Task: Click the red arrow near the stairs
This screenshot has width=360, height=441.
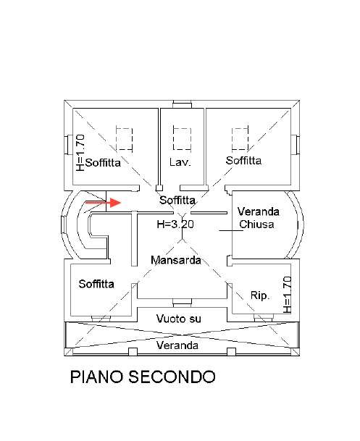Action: pyautogui.click(x=103, y=203)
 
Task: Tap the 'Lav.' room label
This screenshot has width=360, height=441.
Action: pyautogui.click(x=180, y=162)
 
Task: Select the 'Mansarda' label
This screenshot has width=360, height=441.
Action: pyautogui.click(x=176, y=260)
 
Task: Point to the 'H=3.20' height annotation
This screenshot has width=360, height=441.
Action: pyautogui.click(x=175, y=224)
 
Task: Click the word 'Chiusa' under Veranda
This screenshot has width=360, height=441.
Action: pyautogui.click(x=256, y=224)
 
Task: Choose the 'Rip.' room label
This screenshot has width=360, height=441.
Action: pyautogui.click(x=260, y=295)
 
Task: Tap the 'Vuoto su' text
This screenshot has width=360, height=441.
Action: pyautogui.click(x=179, y=319)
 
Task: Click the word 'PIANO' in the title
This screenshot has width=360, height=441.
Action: pyautogui.click(x=97, y=377)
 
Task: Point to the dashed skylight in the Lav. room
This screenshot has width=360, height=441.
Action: pyautogui.click(x=183, y=138)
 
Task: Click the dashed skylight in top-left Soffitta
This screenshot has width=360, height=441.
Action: pyautogui.click(x=125, y=138)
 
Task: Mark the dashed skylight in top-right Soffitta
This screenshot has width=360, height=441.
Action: pyautogui.click(x=240, y=138)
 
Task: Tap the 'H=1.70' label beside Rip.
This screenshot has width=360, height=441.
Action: pyautogui.click(x=287, y=295)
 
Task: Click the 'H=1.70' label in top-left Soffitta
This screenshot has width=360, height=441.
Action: pyautogui.click(x=80, y=153)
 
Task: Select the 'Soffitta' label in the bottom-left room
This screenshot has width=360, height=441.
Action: pyautogui.click(x=96, y=284)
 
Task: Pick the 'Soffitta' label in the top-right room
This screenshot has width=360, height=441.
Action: pyautogui.click(x=243, y=161)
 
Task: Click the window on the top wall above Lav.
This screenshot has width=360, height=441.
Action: pyautogui.click(x=183, y=104)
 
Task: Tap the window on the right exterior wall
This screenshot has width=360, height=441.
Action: pyautogui.click(x=295, y=145)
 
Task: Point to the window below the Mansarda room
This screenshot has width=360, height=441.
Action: pyautogui.click(x=182, y=303)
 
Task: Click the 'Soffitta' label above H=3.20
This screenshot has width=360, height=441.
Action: pyautogui.click(x=177, y=201)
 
